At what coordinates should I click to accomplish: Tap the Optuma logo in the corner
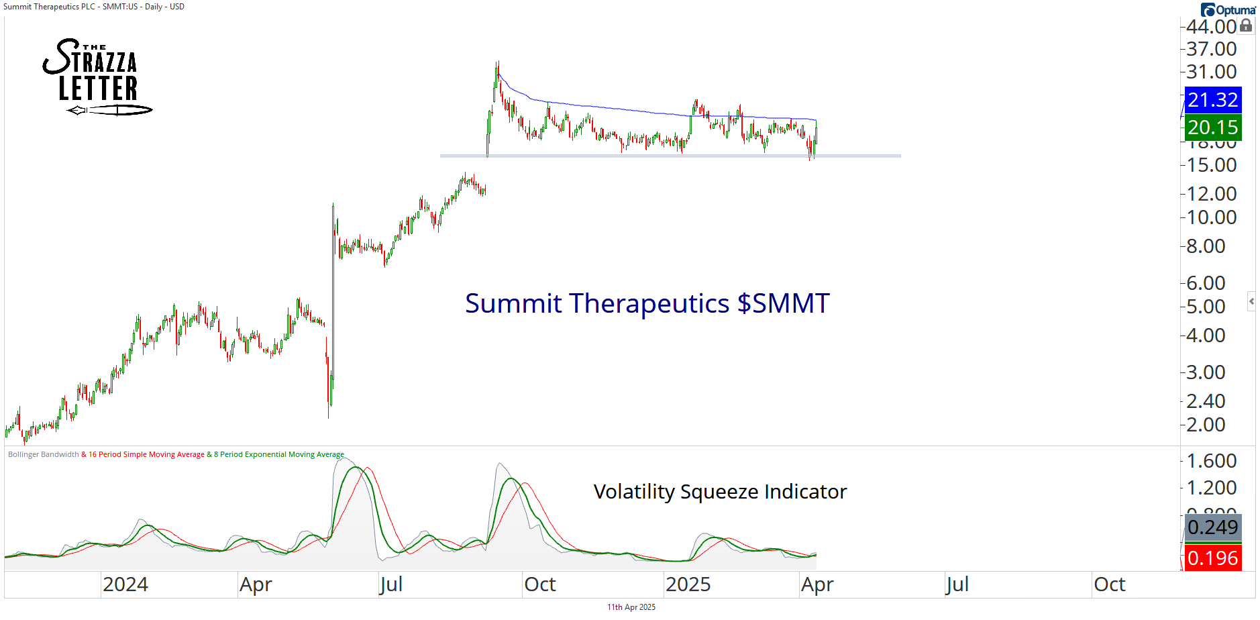[1228, 10]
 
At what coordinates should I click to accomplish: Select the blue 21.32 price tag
[1212, 100]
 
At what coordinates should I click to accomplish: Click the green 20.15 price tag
[1212, 127]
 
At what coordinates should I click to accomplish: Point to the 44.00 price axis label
[1211, 27]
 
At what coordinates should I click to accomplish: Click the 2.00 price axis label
[1206, 425]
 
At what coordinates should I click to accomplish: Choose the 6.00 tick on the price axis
[1206, 283]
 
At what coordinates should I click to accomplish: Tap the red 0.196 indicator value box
[1212, 558]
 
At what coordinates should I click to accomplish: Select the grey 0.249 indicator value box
[1212, 527]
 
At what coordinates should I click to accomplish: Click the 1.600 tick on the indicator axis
[1211, 461]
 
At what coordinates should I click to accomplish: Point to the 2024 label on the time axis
[125, 584]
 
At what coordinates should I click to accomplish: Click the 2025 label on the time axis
[688, 584]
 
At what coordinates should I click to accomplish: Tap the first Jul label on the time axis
[390, 584]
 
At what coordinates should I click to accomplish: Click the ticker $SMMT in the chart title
[783, 303]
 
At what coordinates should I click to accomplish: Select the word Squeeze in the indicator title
[719, 492]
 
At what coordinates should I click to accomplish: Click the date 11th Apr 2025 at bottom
[631, 607]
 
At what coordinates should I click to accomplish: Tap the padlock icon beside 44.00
[1246, 25]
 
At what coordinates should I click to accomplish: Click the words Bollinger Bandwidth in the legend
[43, 454]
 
